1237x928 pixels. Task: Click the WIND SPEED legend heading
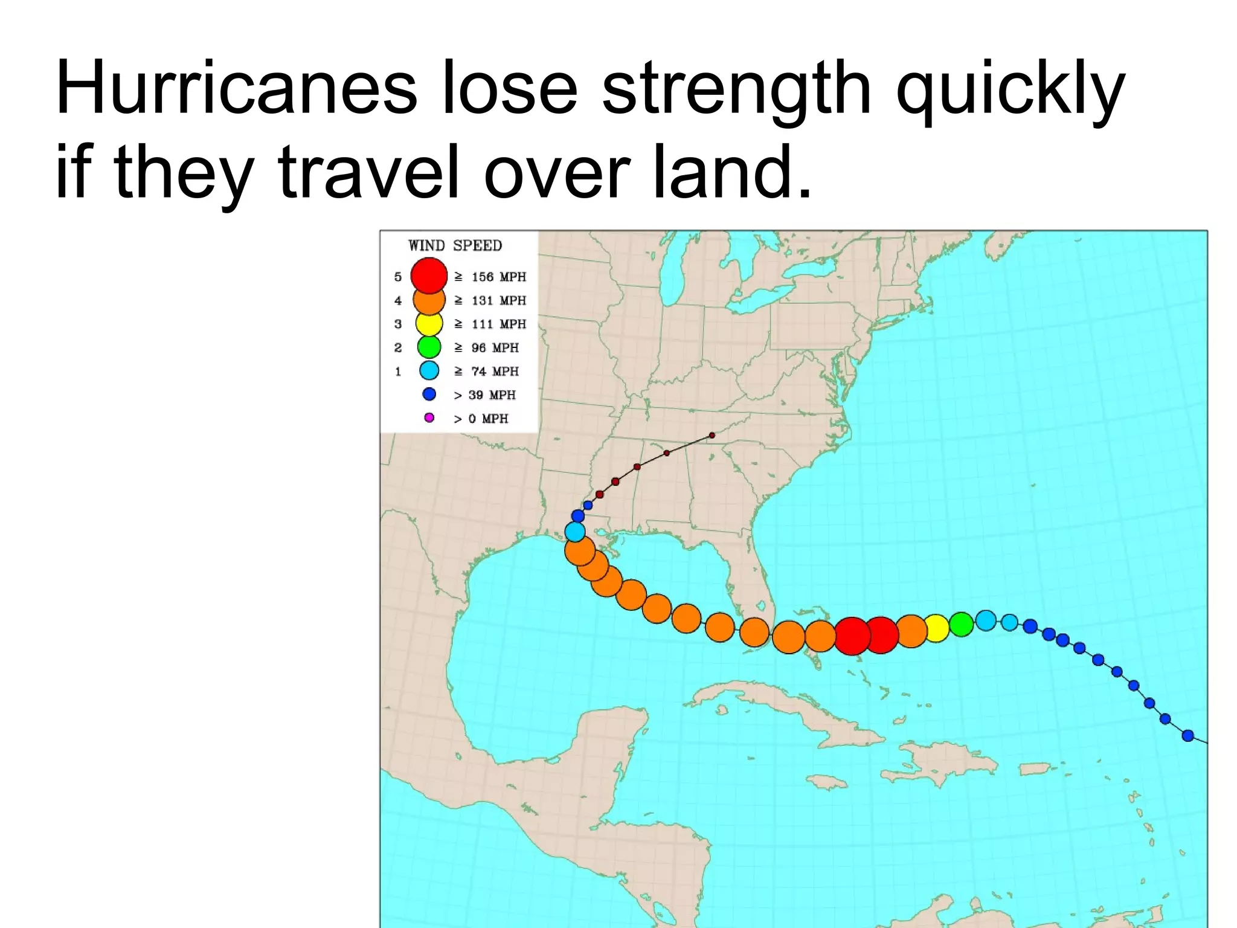pos(455,245)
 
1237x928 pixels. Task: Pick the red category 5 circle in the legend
pos(429,275)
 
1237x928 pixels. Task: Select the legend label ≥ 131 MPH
pos(490,300)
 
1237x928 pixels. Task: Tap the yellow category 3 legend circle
pos(429,324)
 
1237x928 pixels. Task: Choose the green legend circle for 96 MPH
pos(429,347)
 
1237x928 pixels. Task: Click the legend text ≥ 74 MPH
pos(487,371)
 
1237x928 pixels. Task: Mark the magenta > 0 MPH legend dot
pos(429,417)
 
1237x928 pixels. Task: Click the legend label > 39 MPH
pos(485,395)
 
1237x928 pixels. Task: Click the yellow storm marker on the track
pos(936,628)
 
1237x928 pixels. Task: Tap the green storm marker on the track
pos(961,623)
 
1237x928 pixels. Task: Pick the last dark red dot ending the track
pos(712,435)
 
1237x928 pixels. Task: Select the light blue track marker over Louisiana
pos(575,532)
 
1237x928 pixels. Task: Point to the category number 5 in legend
pos(398,277)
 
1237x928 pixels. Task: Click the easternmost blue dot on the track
pos(1187,735)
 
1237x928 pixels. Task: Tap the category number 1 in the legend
pos(398,372)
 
